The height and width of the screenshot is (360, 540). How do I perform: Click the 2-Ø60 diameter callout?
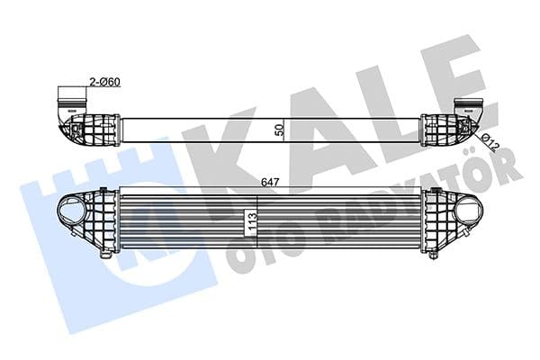[x=104, y=82]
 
